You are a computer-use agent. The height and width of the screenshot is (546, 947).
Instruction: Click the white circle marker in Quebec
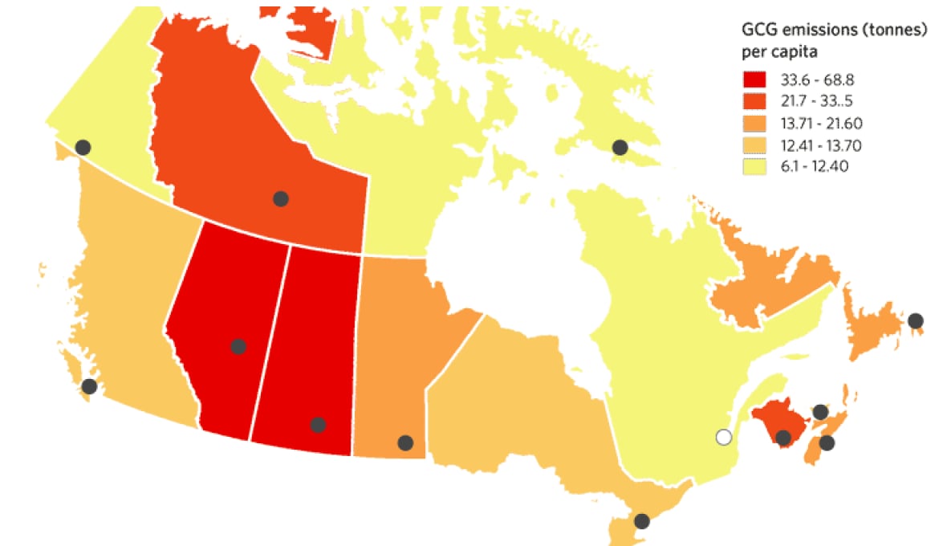point(724,438)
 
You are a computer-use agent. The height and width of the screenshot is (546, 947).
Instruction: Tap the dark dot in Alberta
point(238,346)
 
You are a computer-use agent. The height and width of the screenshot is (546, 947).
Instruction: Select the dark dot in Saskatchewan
point(318,425)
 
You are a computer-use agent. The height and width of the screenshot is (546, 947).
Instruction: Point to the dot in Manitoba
point(405,442)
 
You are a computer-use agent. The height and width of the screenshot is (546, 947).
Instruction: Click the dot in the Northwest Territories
point(280,198)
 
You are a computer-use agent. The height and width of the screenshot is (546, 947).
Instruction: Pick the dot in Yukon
point(83,147)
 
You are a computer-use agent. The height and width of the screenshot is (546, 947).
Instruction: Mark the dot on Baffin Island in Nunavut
point(620,147)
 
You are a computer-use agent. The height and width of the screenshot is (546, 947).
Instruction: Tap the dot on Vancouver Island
point(89,386)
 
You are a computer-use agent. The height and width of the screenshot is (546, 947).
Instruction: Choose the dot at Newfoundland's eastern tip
point(916,320)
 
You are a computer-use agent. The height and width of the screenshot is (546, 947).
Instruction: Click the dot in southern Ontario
point(641,520)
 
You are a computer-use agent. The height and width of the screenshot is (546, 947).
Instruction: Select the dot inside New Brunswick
point(783,438)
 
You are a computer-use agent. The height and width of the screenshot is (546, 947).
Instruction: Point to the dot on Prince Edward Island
point(820,412)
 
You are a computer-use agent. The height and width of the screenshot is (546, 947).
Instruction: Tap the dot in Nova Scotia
point(827,442)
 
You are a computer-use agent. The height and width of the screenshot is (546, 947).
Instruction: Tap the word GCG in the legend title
point(758,31)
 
